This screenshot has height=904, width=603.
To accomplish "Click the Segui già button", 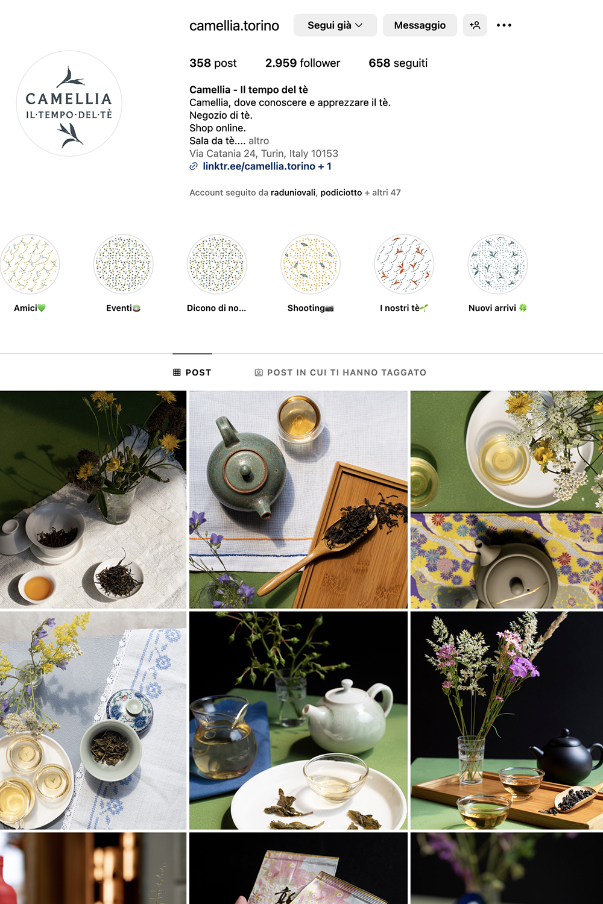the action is [335, 25].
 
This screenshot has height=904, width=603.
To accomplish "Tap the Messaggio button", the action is [420, 25].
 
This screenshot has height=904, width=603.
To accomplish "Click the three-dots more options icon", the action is [504, 25].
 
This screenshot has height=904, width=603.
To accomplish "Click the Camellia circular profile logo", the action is [69, 103].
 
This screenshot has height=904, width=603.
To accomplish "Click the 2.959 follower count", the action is [303, 63].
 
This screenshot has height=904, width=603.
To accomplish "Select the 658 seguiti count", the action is [398, 63].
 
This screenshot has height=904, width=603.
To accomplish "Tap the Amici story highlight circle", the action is [30, 264].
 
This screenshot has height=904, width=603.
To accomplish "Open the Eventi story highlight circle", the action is [123, 264].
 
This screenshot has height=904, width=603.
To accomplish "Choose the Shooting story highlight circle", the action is [310, 264].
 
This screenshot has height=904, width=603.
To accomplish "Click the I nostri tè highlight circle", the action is [404, 264].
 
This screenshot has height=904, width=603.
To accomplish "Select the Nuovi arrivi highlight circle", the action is [497, 264].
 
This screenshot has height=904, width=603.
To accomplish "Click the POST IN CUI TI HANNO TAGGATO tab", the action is [341, 372].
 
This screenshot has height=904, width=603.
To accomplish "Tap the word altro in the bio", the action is [259, 141].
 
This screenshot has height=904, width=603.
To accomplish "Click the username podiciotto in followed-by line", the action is [341, 192].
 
